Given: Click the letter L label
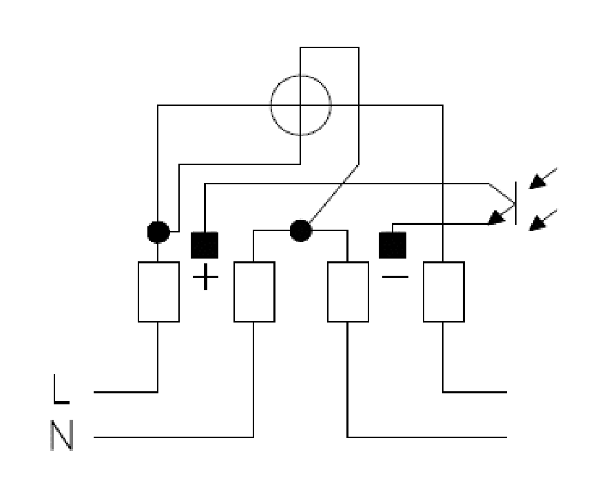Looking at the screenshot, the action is point(61,389).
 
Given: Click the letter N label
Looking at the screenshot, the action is point(61,435).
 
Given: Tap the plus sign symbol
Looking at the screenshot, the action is point(205,276).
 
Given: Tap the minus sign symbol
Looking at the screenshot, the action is point(395,276).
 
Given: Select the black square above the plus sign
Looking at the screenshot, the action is point(205,245).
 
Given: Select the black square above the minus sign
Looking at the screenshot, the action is point(393,245).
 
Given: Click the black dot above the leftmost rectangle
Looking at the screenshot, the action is point(158,232).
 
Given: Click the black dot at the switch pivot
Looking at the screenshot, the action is point(301,230).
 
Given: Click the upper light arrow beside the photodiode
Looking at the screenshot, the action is point(543,178).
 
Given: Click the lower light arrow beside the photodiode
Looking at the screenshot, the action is point(543,220).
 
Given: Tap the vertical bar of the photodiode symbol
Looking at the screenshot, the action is point(516,203).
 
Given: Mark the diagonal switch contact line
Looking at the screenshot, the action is point(334,193).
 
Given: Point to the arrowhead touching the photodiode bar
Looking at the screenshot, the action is point(497,217).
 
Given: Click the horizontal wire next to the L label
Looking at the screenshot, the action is point(125,392).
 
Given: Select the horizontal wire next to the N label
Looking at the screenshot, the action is point(174,437).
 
